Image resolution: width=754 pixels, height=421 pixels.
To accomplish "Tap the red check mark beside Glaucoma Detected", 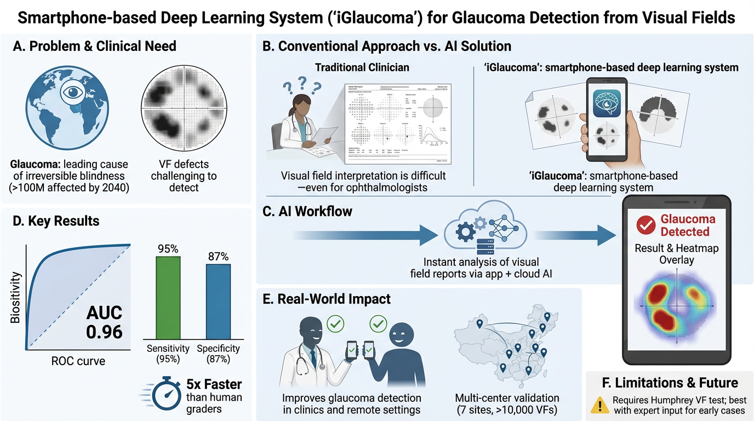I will click(x=646, y=225).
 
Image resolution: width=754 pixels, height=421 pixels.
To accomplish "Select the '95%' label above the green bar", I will click(x=168, y=249).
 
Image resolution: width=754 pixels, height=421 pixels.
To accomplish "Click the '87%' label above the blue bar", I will click(x=218, y=257).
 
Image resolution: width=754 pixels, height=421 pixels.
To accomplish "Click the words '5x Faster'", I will click(x=214, y=384).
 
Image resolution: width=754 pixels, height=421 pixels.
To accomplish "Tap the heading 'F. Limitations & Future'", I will click(x=669, y=382).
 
